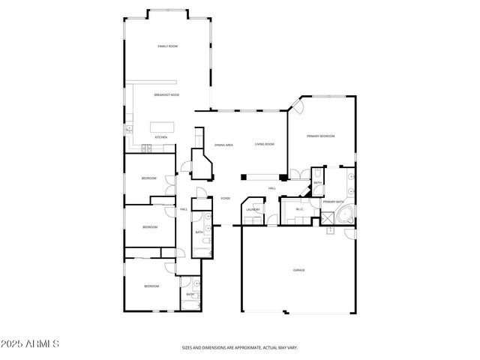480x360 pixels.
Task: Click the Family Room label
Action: [x=166, y=46]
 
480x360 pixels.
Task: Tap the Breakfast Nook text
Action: [x=166, y=95]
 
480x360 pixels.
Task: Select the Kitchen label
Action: [x=160, y=137]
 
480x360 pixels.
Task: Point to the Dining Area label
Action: [x=224, y=144]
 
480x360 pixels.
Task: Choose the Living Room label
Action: [x=264, y=144]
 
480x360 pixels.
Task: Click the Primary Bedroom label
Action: [x=320, y=136]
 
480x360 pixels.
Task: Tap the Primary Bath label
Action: [x=333, y=202]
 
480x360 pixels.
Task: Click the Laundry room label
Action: [x=253, y=210]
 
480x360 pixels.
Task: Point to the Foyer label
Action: [x=225, y=199]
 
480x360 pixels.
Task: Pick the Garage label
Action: [x=298, y=270]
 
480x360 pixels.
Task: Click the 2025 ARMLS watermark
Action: [x=30, y=343]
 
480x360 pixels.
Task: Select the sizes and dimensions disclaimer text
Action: [x=239, y=347]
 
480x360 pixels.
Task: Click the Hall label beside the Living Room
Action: [x=272, y=187]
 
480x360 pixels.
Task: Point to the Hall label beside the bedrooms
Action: [x=183, y=209]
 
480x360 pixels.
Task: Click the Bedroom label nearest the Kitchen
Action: [x=149, y=178]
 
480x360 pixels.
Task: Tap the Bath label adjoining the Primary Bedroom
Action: [x=318, y=183]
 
